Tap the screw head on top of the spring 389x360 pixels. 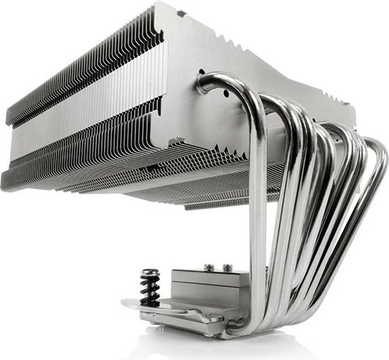pos(150,273)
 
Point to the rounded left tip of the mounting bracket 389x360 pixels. pos(126,303)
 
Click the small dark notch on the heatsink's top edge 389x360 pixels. pos(182,12)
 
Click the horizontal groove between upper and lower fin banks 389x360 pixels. pos(86,117)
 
